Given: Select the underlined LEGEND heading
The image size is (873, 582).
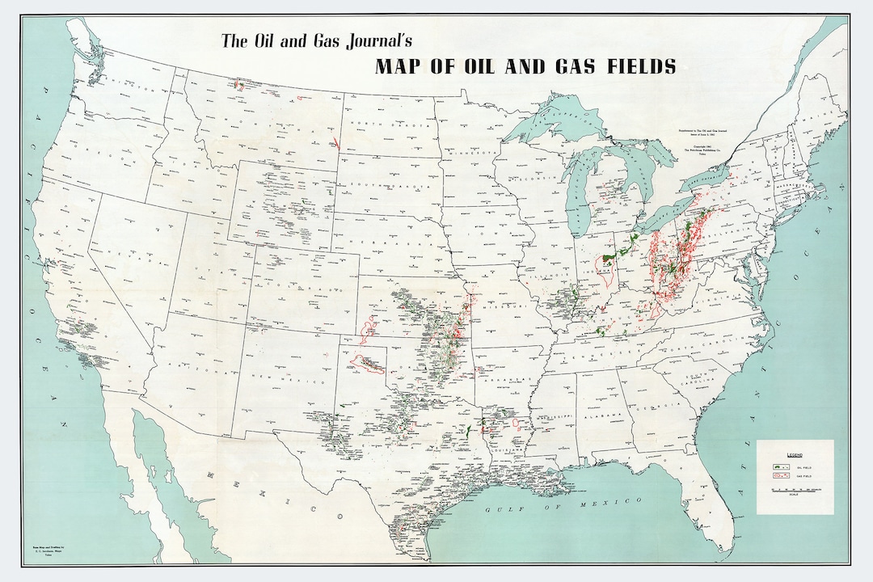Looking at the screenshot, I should tap(794, 455).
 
